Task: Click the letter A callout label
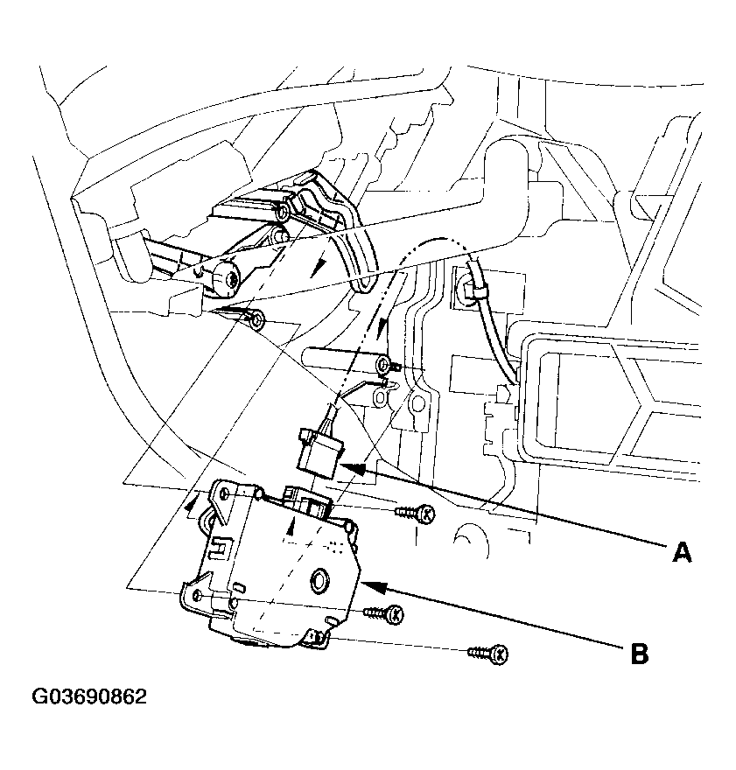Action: (682, 552)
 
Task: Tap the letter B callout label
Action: (639, 654)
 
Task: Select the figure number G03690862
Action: (89, 696)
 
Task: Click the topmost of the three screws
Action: (416, 513)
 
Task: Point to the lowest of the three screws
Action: (488, 654)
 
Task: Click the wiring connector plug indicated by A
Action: (320, 451)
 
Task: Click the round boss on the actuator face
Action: (320, 579)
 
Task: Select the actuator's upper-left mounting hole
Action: (224, 494)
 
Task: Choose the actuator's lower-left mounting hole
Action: (198, 596)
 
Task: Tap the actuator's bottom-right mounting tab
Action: (316, 640)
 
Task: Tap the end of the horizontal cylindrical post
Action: (384, 366)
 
